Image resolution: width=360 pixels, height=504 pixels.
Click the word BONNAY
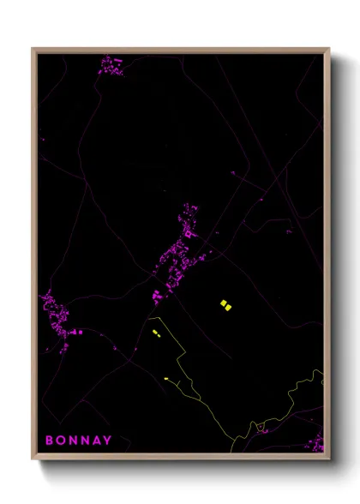[x=78, y=441]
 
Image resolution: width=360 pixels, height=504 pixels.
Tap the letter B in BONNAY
[x=50, y=441]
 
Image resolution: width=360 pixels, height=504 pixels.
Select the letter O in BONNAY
[x=61, y=441]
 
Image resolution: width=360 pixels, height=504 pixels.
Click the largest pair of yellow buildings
[x=225, y=304]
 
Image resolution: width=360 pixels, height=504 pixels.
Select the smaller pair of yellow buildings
[x=156, y=333]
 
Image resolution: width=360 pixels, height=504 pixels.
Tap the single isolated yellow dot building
[x=166, y=378]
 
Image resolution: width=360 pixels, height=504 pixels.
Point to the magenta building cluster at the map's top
[x=111, y=66]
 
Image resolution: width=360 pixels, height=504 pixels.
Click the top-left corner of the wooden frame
[x=33, y=49]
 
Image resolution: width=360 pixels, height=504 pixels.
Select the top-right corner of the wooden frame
[x=328, y=49]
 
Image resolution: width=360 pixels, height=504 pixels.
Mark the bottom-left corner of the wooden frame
[x=33, y=459]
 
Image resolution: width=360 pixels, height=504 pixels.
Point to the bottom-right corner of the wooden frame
[x=328, y=459]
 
